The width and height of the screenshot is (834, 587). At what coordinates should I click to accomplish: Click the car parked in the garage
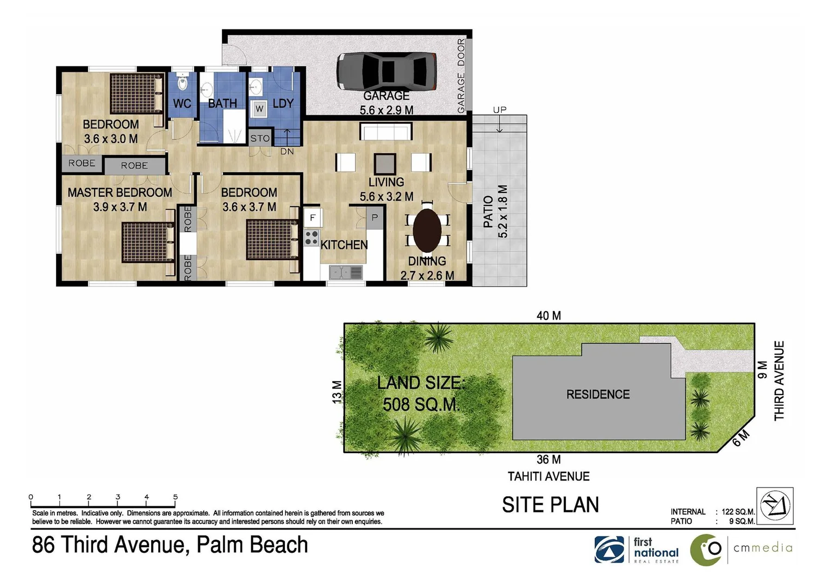(386, 71)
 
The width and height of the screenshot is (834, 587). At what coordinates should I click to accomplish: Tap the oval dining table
(427, 230)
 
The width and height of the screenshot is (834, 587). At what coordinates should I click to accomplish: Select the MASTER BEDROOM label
(120, 192)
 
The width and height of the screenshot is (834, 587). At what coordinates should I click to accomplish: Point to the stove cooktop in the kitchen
(312, 238)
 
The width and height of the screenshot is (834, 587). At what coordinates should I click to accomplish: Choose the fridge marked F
(313, 217)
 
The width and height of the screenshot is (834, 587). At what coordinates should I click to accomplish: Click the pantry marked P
(374, 217)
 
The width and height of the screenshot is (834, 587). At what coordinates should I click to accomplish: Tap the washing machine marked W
(259, 109)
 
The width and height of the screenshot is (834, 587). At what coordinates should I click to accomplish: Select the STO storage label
(260, 139)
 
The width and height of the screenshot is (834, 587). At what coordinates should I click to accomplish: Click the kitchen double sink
(345, 271)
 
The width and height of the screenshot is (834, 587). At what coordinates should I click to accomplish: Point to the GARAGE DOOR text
(461, 76)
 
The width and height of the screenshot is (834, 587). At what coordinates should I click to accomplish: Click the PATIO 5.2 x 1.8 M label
(495, 212)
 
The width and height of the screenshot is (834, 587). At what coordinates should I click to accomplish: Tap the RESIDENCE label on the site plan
(598, 395)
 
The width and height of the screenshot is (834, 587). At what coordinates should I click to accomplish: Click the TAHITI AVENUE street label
(548, 477)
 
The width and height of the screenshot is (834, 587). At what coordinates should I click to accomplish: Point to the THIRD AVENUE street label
(779, 380)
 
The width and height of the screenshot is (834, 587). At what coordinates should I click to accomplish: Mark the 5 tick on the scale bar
(175, 497)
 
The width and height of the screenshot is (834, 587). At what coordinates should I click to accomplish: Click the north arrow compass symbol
(775, 505)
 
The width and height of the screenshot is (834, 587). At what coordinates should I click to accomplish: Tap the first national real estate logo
(637, 549)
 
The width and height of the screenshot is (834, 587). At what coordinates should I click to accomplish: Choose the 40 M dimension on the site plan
(548, 316)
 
